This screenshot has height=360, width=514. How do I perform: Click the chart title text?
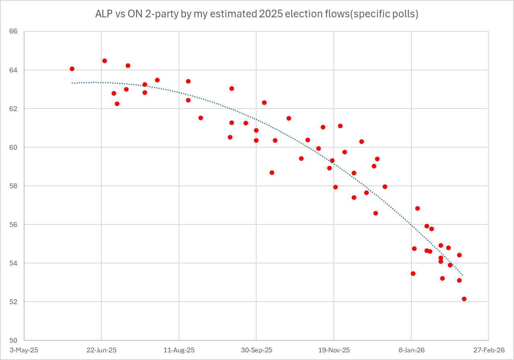point(257,14)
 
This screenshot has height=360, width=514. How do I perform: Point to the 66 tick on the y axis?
point(19,31)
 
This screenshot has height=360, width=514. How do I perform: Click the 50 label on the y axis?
point(19,340)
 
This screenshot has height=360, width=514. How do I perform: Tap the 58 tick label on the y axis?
point(19,186)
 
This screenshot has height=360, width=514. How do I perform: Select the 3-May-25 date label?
point(24,350)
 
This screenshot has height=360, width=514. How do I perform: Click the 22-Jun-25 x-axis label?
point(101,350)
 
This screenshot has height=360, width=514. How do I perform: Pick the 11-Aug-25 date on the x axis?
point(179,350)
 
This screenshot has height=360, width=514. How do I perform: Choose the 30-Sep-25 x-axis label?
point(256,350)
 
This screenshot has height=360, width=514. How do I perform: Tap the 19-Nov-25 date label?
point(334,350)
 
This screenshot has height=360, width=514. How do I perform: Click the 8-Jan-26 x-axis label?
point(411,350)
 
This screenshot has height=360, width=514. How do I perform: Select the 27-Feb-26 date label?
point(489,350)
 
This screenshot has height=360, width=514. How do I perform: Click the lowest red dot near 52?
point(464,299)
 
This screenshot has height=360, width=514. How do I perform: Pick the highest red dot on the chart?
point(105,61)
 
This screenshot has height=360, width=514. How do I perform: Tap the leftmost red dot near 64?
point(72,69)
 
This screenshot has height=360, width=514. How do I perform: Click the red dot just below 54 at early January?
point(413,274)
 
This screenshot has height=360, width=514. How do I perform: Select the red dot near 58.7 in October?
point(272,173)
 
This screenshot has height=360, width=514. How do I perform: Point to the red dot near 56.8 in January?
point(417,208)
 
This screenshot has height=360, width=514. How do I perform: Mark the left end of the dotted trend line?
point(72,83)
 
